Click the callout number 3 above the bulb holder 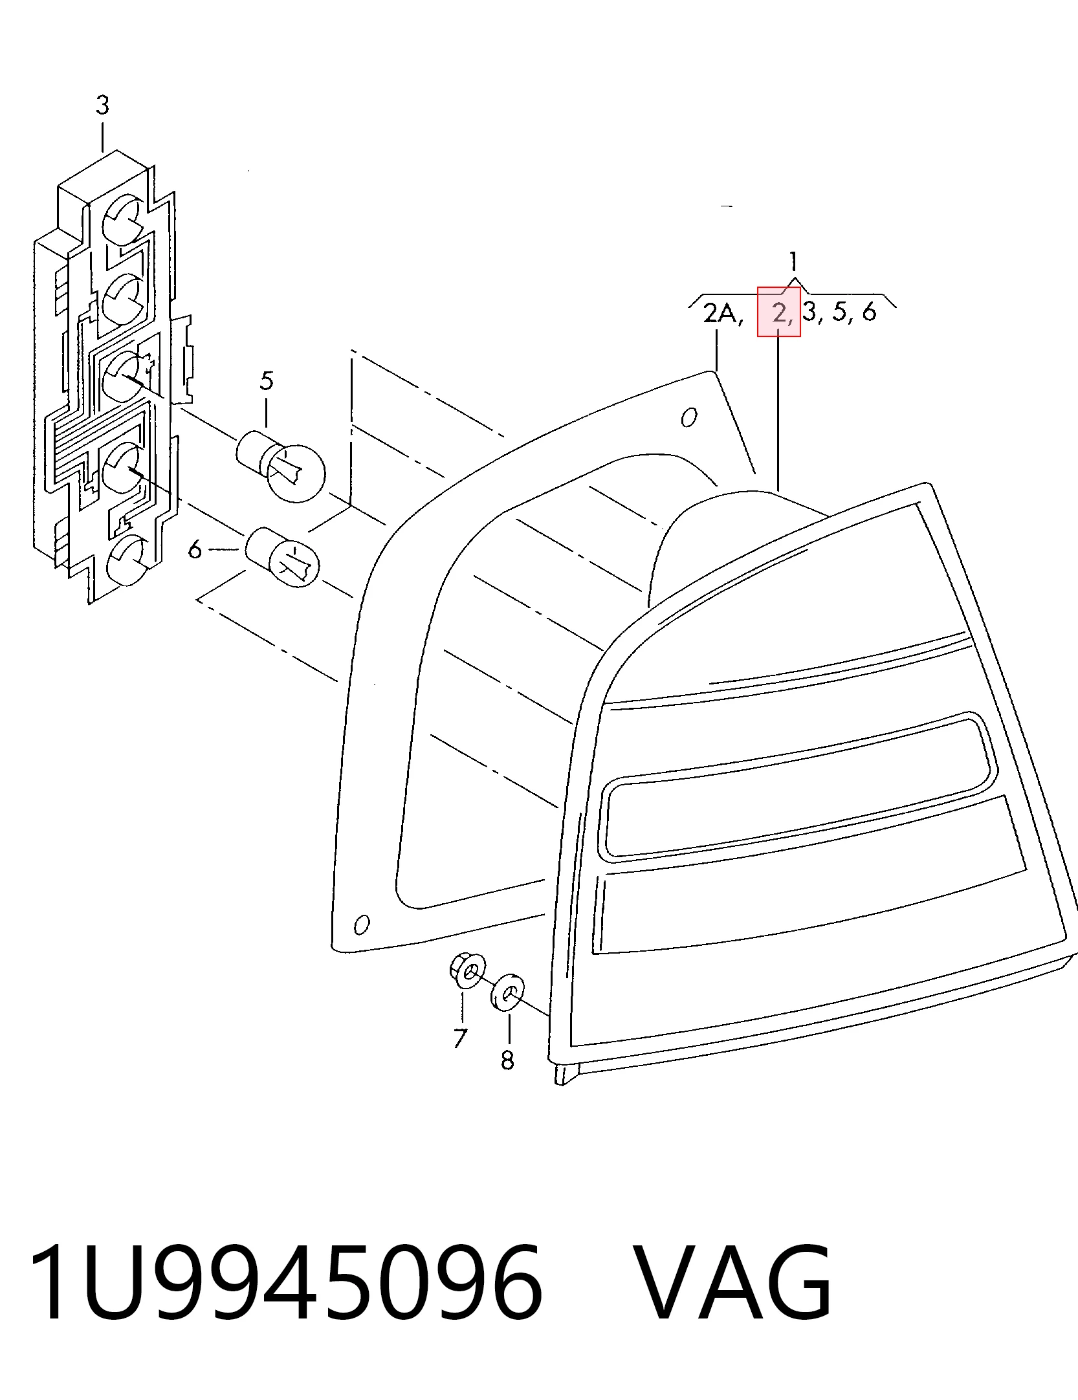point(102,105)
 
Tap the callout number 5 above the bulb point(267,380)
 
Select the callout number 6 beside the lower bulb point(195,550)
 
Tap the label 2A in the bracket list point(723,314)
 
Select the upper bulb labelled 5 point(281,465)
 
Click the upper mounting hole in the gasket point(690,418)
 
